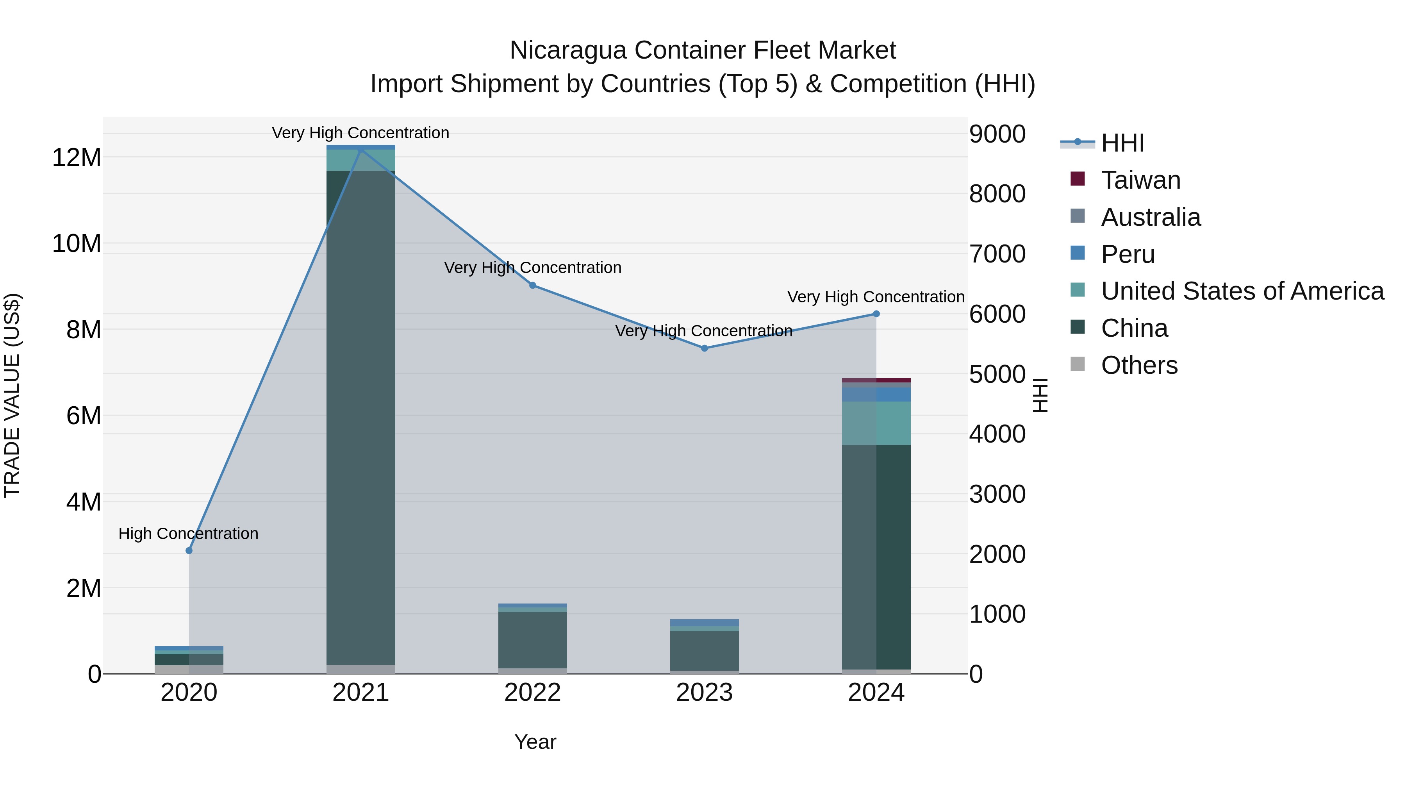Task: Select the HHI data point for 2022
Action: point(533,285)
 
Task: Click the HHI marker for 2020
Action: point(189,550)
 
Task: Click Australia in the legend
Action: point(1151,217)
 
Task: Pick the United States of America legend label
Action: point(1242,291)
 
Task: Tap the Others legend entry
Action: point(1139,365)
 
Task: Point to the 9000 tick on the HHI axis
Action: point(997,134)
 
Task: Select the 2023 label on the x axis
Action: point(704,693)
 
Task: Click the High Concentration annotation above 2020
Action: point(188,533)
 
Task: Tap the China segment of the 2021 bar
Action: point(361,415)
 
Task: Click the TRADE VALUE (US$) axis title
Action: point(12,395)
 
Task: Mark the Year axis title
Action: point(535,742)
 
